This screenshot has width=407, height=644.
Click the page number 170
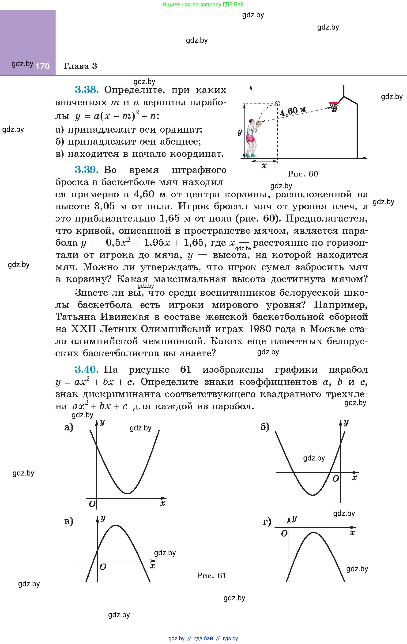[x=42, y=66]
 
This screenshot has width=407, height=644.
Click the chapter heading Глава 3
[x=80, y=66]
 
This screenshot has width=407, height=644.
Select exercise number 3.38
[x=87, y=90]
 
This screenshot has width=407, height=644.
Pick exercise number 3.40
[x=87, y=370]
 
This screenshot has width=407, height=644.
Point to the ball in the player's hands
[x=258, y=123]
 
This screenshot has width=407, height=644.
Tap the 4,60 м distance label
[x=293, y=111]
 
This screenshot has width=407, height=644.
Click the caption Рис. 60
[x=303, y=174]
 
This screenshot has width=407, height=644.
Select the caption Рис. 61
[x=211, y=575]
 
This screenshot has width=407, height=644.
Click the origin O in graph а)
[x=92, y=504]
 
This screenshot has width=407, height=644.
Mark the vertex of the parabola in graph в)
[x=115, y=525]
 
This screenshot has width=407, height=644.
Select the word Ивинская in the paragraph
[x=125, y=317]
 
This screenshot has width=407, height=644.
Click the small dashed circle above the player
[x=277, y=103]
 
